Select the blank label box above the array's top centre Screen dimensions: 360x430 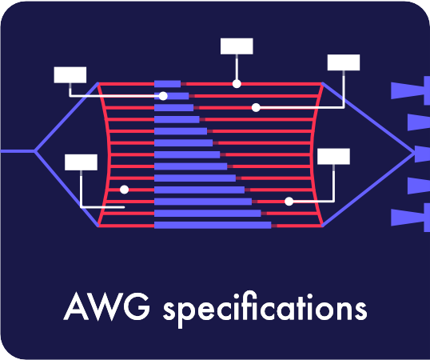click(237, 46)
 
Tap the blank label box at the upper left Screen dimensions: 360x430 click(70, 74)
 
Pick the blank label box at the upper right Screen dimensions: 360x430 click(344, 62)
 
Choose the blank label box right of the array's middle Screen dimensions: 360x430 click(333, 156)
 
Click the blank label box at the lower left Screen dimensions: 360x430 click(81, 162)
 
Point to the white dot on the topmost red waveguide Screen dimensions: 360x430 click(237, 83)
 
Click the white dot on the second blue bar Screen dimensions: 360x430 click(164, 95)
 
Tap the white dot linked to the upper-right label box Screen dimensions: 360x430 click(256, 107)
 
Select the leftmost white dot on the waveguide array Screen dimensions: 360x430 click(124, 190)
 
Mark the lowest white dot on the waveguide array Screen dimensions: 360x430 click(289, 202)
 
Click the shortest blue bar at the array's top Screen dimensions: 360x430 click(168, 83)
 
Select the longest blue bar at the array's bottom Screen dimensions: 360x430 click(213, 226)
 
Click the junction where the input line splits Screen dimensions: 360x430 click(35, 150)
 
